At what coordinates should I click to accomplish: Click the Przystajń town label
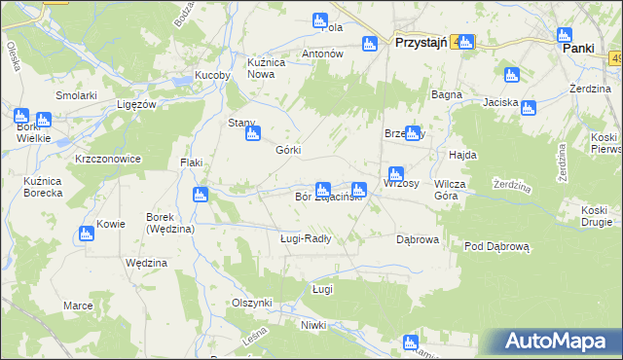420,43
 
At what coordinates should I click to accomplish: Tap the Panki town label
578,46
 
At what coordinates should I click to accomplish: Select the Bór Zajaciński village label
329,198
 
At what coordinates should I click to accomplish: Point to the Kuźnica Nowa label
266,67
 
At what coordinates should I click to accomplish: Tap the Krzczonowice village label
108,158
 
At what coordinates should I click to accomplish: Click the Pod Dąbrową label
496,247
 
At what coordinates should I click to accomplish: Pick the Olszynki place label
251,303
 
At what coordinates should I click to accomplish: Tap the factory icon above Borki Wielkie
20,115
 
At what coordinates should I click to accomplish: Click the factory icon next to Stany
251,134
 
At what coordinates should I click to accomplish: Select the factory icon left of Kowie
86,233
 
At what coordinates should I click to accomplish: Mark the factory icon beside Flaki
200,194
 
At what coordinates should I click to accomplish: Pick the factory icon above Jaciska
511,75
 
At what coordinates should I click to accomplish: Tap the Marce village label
78,306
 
